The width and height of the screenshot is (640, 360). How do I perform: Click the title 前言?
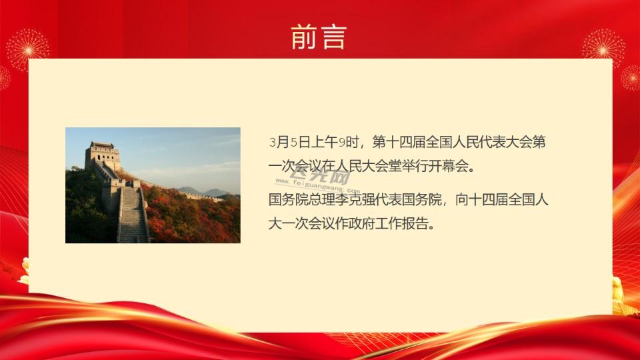pyautogui.click(x=319, y=37)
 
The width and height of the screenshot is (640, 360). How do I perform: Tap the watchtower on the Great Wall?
pyautogui.click(x=103, y=156)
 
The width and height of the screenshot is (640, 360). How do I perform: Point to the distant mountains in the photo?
pyautogui.click(x=204, y=191)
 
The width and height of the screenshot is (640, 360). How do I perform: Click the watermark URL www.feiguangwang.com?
pyautogui.click(x=317, y=185)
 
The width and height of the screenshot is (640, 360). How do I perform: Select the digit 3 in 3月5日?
pyautogui.click(x=272, y=143)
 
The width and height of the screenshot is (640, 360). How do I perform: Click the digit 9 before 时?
pyautogui.click(x=341, y=143)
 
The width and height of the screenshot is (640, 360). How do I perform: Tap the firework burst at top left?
pyautogui.click(x=28, y=50)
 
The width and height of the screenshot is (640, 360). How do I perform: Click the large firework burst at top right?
pyautogui.click(x=603, y=49)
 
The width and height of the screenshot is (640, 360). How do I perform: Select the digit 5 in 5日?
pyautogui.click(x=293, y=143)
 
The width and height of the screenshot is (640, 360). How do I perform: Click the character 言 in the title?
pyautogui.click(x=334, y=37)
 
